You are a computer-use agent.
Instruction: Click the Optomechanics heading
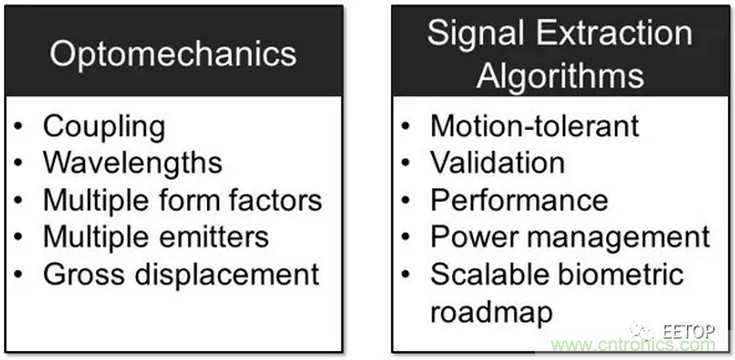173,55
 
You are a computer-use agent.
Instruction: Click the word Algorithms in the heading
560,75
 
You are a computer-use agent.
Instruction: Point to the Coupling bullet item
104,128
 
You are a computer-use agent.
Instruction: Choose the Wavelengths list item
133,162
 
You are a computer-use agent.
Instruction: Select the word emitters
214,236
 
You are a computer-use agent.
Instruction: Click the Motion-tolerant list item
534,126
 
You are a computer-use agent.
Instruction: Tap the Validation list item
497,162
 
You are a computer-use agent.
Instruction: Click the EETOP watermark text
688,331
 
